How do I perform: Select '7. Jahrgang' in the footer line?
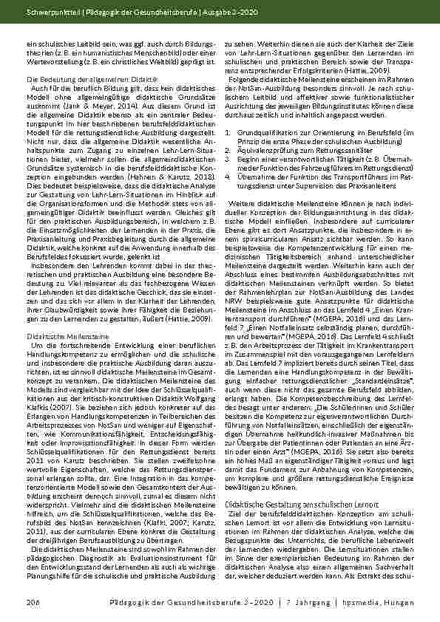click(307, 603)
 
